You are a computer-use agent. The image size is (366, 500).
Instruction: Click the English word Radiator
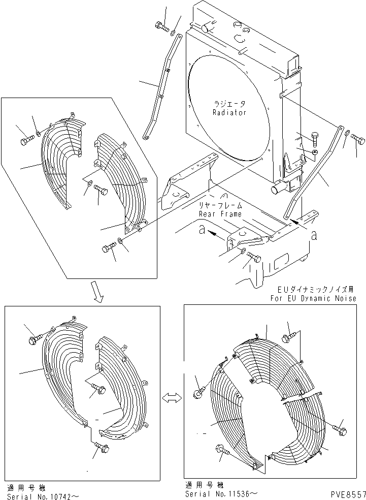click(229, 112)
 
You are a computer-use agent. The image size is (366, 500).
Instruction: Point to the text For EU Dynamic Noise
click(313, 298)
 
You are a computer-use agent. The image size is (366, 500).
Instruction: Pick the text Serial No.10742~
click(43, 494)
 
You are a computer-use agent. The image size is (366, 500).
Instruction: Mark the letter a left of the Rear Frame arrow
click(202, 231)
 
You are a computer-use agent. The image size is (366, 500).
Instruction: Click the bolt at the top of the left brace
click(162, 25)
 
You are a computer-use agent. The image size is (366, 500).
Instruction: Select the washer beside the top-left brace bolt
click(174, 34)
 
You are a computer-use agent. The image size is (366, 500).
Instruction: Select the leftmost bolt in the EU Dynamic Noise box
click(198, 392)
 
